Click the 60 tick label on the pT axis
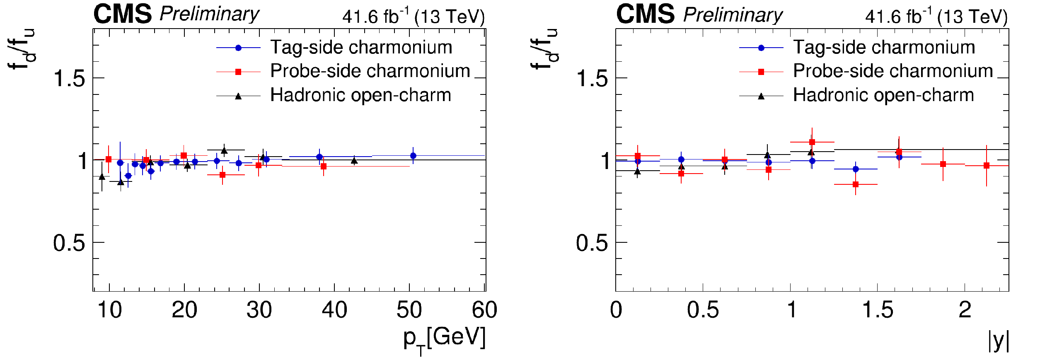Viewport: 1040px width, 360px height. click(x=484, y=310)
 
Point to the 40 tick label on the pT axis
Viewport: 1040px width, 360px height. click(x=334, y=310)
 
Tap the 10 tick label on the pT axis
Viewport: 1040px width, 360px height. click(x=109, y=310)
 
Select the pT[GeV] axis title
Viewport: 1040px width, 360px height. click(x=444, y=339)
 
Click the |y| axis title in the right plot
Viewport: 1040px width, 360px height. click(x=999, y=341)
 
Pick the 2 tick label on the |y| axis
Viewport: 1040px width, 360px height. click(x=965, y=310)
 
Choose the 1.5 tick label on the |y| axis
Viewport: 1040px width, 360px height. click(x=878, y=310)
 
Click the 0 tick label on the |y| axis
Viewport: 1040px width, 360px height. click(x=616, y=310)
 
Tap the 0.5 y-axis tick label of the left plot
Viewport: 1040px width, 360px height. click(x=69, y=243)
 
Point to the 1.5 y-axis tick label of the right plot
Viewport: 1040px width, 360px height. click(x=592, y=78)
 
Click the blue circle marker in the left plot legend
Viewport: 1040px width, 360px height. click(x=238, y=48)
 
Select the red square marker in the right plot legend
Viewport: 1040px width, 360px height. click(x=761, y=72)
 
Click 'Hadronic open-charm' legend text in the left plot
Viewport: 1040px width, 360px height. click(x=360, y=95)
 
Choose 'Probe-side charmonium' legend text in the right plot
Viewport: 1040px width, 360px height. click(x=893, y=71)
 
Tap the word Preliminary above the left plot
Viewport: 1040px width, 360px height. click(x=209, y=14)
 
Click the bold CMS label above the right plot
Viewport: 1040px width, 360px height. click(x=645, y=14)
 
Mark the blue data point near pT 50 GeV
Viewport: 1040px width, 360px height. click(x=413, y=156)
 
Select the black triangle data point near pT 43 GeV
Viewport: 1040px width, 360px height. click(x=354, y=161)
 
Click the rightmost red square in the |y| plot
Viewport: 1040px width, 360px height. click(x=987, y=166)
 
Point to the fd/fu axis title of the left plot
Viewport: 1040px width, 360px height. click(x=22, y=50)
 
